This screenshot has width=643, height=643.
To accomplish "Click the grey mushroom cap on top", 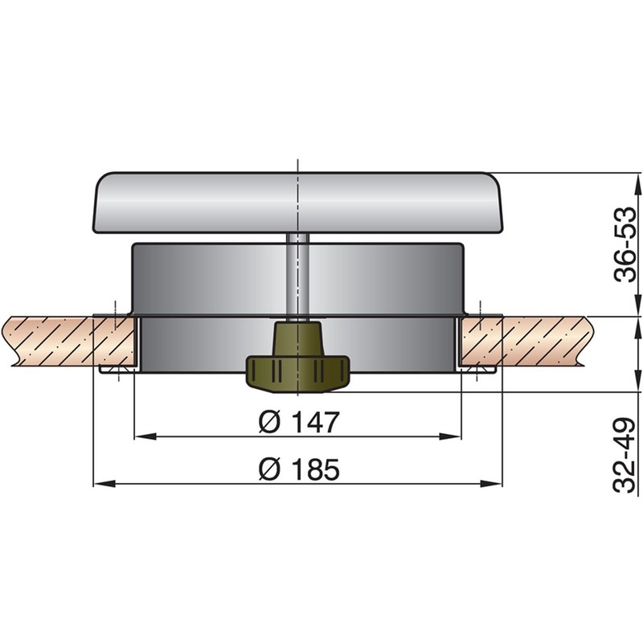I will (x=297, y=201).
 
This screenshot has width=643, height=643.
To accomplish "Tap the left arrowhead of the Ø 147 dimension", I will (x=138, y=436).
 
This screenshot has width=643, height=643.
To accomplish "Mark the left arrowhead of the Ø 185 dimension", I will (x=100, y=484).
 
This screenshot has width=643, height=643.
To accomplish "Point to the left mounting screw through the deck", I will (x=116, y=342).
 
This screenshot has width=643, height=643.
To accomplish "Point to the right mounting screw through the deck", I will (x=480, y=342).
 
